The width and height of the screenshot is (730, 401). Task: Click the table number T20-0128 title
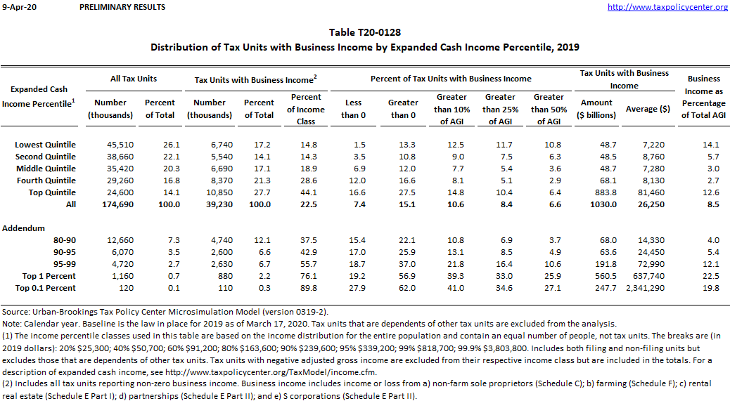click(365, 32)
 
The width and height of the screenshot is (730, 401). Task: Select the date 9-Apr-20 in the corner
click(14, 7)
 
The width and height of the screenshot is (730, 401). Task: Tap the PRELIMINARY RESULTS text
click(122, 7)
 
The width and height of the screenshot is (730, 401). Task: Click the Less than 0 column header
click(353, 109)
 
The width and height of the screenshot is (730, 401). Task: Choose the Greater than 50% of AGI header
click(549, 109)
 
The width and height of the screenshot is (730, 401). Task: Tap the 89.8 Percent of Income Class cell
click(306, 288)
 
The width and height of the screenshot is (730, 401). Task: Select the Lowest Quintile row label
click(45, 145)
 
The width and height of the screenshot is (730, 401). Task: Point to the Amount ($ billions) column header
click(596, 109)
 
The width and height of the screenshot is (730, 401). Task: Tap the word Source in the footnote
click(15, 311)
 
